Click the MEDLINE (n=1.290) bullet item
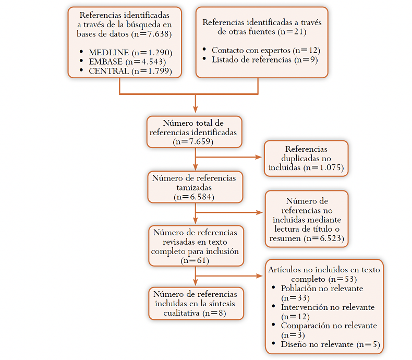click(x=130, y=53)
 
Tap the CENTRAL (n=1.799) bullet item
click(x=130, y=71)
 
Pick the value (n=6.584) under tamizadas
click(x=195, y=196)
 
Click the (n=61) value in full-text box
click(x=195, y=260)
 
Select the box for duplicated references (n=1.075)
click(x=306, y=159)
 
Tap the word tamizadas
click(x=195, y=187)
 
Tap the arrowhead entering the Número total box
click(x=195, y=110)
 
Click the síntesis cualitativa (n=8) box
click(x=196, y=303)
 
